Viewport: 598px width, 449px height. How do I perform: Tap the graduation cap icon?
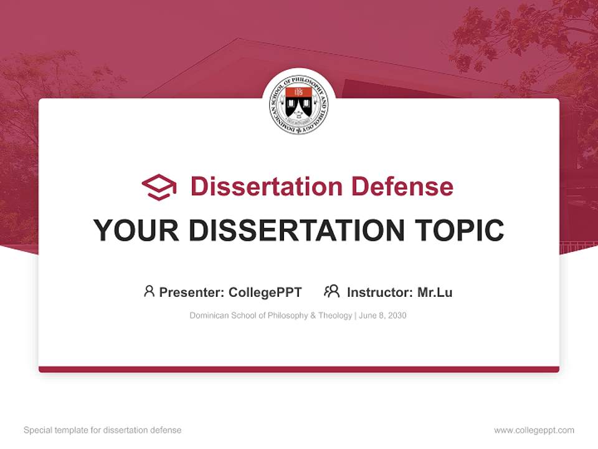pos(159,187)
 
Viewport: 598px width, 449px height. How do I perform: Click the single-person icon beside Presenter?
pos(149,291)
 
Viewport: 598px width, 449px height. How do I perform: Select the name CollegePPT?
pos(265,292)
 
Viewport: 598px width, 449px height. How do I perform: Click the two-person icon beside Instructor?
pos(331,291)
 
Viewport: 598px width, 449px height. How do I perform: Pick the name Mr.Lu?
pos(435,292)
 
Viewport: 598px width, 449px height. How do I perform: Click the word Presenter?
pos(192,292)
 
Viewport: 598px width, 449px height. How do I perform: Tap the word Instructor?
pos(379,292)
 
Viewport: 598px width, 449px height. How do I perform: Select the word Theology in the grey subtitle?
pos(335,316)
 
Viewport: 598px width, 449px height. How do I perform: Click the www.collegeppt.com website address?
pos(534,430)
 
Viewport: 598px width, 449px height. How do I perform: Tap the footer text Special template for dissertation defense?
pos(103,430)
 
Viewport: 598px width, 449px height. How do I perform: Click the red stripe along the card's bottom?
pos(299,369)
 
